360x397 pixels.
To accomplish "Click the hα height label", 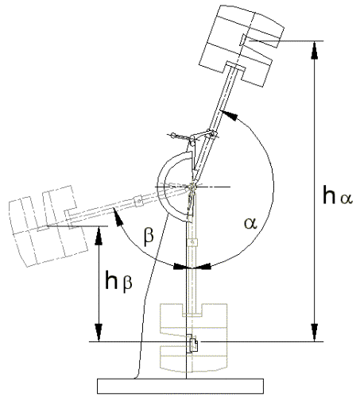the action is (x=338, y=195).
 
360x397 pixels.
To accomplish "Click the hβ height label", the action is (x=118, y=280).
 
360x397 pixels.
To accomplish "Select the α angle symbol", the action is (x=250, y=223).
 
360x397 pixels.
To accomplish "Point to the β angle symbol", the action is (x=149, y=235).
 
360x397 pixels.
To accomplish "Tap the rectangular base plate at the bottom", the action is (x=180, y=386).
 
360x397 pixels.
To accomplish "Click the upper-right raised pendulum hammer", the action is (x=241, y=45).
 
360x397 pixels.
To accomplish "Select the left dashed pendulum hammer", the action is (x=48, y=225).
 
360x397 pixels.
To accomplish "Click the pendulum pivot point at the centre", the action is (x=192, y=187).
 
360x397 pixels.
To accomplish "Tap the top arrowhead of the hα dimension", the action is (x=315, y=48).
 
